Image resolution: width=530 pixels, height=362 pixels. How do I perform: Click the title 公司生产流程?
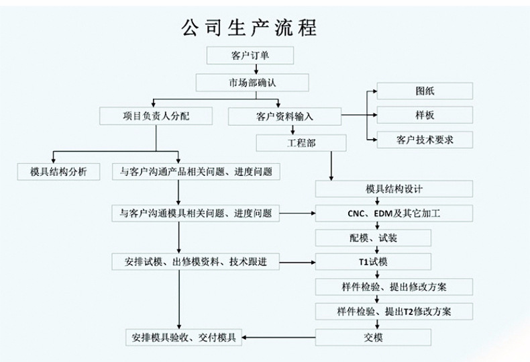249,27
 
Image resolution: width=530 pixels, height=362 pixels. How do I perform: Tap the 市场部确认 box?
252,82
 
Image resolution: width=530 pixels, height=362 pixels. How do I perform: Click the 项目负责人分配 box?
156,116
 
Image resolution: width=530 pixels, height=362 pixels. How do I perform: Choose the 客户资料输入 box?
284,116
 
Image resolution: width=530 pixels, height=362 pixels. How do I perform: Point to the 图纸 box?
425,91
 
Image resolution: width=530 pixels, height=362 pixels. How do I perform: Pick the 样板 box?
425,115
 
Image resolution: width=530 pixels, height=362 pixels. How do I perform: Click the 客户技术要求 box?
425,140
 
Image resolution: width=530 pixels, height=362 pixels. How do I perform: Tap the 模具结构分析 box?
59,172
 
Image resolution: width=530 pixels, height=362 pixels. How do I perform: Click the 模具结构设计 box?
394,189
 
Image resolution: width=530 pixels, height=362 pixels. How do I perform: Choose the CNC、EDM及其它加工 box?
394,214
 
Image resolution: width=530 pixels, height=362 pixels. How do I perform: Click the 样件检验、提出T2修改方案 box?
394,311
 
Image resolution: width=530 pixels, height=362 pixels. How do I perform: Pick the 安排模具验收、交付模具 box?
183,336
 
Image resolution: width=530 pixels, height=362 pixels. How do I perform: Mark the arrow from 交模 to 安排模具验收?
278,336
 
